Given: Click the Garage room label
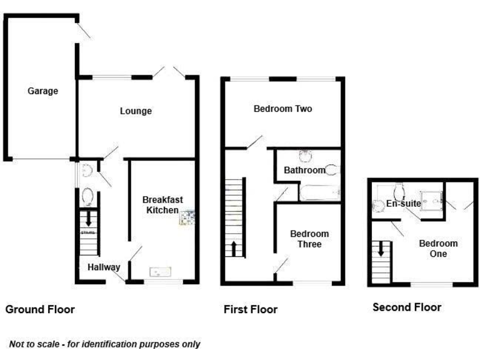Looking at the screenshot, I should (42, 91).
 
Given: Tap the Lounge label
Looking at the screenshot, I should (136, 111).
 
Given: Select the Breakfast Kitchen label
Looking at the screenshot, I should (162, 204).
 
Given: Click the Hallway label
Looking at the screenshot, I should (104, 267).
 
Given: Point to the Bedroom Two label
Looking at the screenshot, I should (282, 109).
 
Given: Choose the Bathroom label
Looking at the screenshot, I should (304, 170).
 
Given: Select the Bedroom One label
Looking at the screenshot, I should (438, 249).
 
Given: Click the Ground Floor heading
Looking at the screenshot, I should (40, 309).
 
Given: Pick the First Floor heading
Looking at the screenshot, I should (251, 309).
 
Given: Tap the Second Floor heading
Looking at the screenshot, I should (407, 307).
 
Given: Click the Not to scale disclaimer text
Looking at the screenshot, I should (104, 344).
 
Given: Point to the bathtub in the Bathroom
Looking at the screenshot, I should (319, 192).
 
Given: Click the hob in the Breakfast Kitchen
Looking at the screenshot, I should (187, 218).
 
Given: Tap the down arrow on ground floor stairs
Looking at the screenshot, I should (88, 219).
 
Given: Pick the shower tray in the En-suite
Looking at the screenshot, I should (429, 199).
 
